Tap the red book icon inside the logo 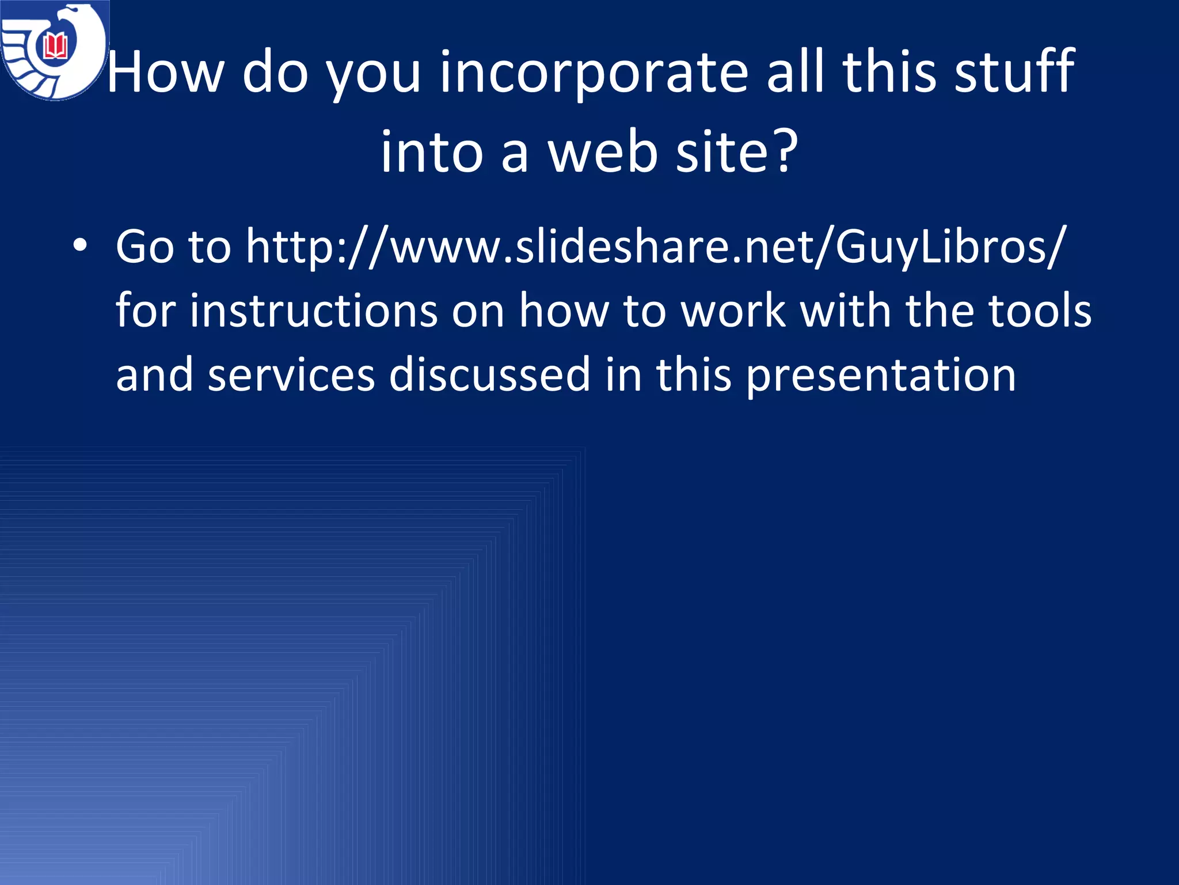tap(55, 46)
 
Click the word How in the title tap(165, 72)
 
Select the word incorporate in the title tap(594, 72)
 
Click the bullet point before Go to tap(80, 246)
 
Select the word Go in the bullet tap(144, 247)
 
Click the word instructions tap(313, 311)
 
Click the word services tap(291, 375)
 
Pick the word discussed tap(490, 375)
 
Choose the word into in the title tap(432, 152)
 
